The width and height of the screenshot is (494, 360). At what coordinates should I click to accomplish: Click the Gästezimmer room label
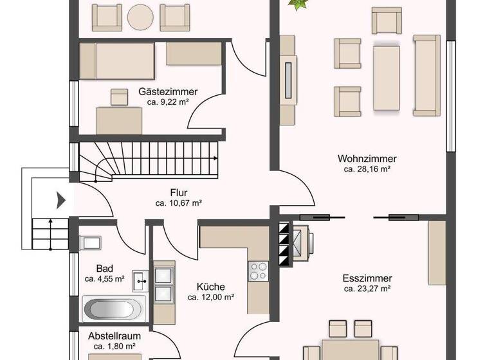point(168,92)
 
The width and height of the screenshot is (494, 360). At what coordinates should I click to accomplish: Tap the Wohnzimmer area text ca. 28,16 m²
point(367,170)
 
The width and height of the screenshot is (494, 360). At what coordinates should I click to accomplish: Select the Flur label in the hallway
point(179,192)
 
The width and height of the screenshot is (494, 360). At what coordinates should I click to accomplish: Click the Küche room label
point(210,287)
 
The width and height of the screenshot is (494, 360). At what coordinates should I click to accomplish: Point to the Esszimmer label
point(367,278)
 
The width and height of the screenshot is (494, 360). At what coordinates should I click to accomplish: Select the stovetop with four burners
point(259,271)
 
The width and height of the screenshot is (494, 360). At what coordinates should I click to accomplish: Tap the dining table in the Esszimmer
point(351,350)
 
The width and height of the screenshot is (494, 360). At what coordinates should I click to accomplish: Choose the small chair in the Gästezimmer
point(119,96)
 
